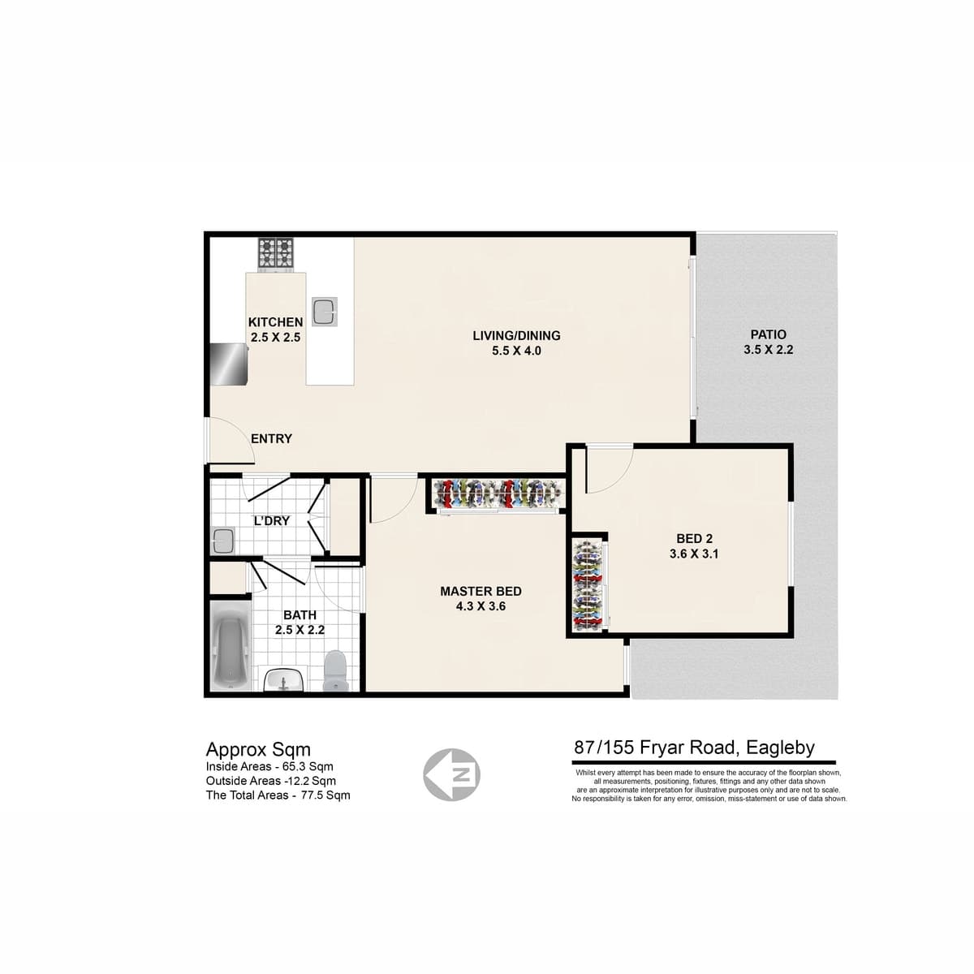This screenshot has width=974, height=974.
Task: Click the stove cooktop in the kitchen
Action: click(276, 254)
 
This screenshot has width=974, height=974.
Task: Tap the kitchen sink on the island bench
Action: click(324, 312)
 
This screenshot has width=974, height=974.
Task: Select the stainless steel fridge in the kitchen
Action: click(229, 364)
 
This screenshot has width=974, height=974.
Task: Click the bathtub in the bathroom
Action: click(231, 646)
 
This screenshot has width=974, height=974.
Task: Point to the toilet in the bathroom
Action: click(335, 671)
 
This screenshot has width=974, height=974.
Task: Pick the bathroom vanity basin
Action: click(283, 679)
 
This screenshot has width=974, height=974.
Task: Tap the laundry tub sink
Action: click(222, 541)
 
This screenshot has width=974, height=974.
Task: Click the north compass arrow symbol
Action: click(452, 775)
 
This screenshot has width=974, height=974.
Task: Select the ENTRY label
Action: click(271, 439)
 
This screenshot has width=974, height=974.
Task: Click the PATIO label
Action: click(769, 334)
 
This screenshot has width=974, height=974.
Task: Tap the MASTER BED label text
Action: click(481, 592)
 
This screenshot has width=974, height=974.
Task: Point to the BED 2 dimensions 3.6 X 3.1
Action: click(694, 554)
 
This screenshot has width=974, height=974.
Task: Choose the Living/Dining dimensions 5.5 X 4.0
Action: click(516, 351)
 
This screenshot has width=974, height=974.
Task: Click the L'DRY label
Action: click(272, 520)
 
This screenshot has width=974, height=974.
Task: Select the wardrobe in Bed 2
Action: click(588, 584)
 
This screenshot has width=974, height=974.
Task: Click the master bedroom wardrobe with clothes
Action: click(498, 493)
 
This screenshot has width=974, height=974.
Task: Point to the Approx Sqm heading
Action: click(258, 750)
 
